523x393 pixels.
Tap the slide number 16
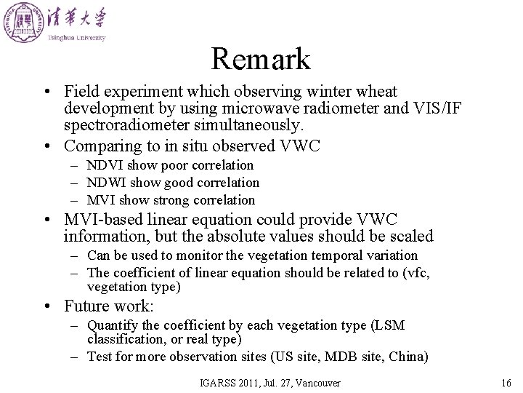coord(506,383)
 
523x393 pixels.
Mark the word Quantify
coord(110,325)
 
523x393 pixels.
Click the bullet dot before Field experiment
coord(46,92)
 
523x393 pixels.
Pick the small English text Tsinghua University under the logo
coord(77,38)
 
